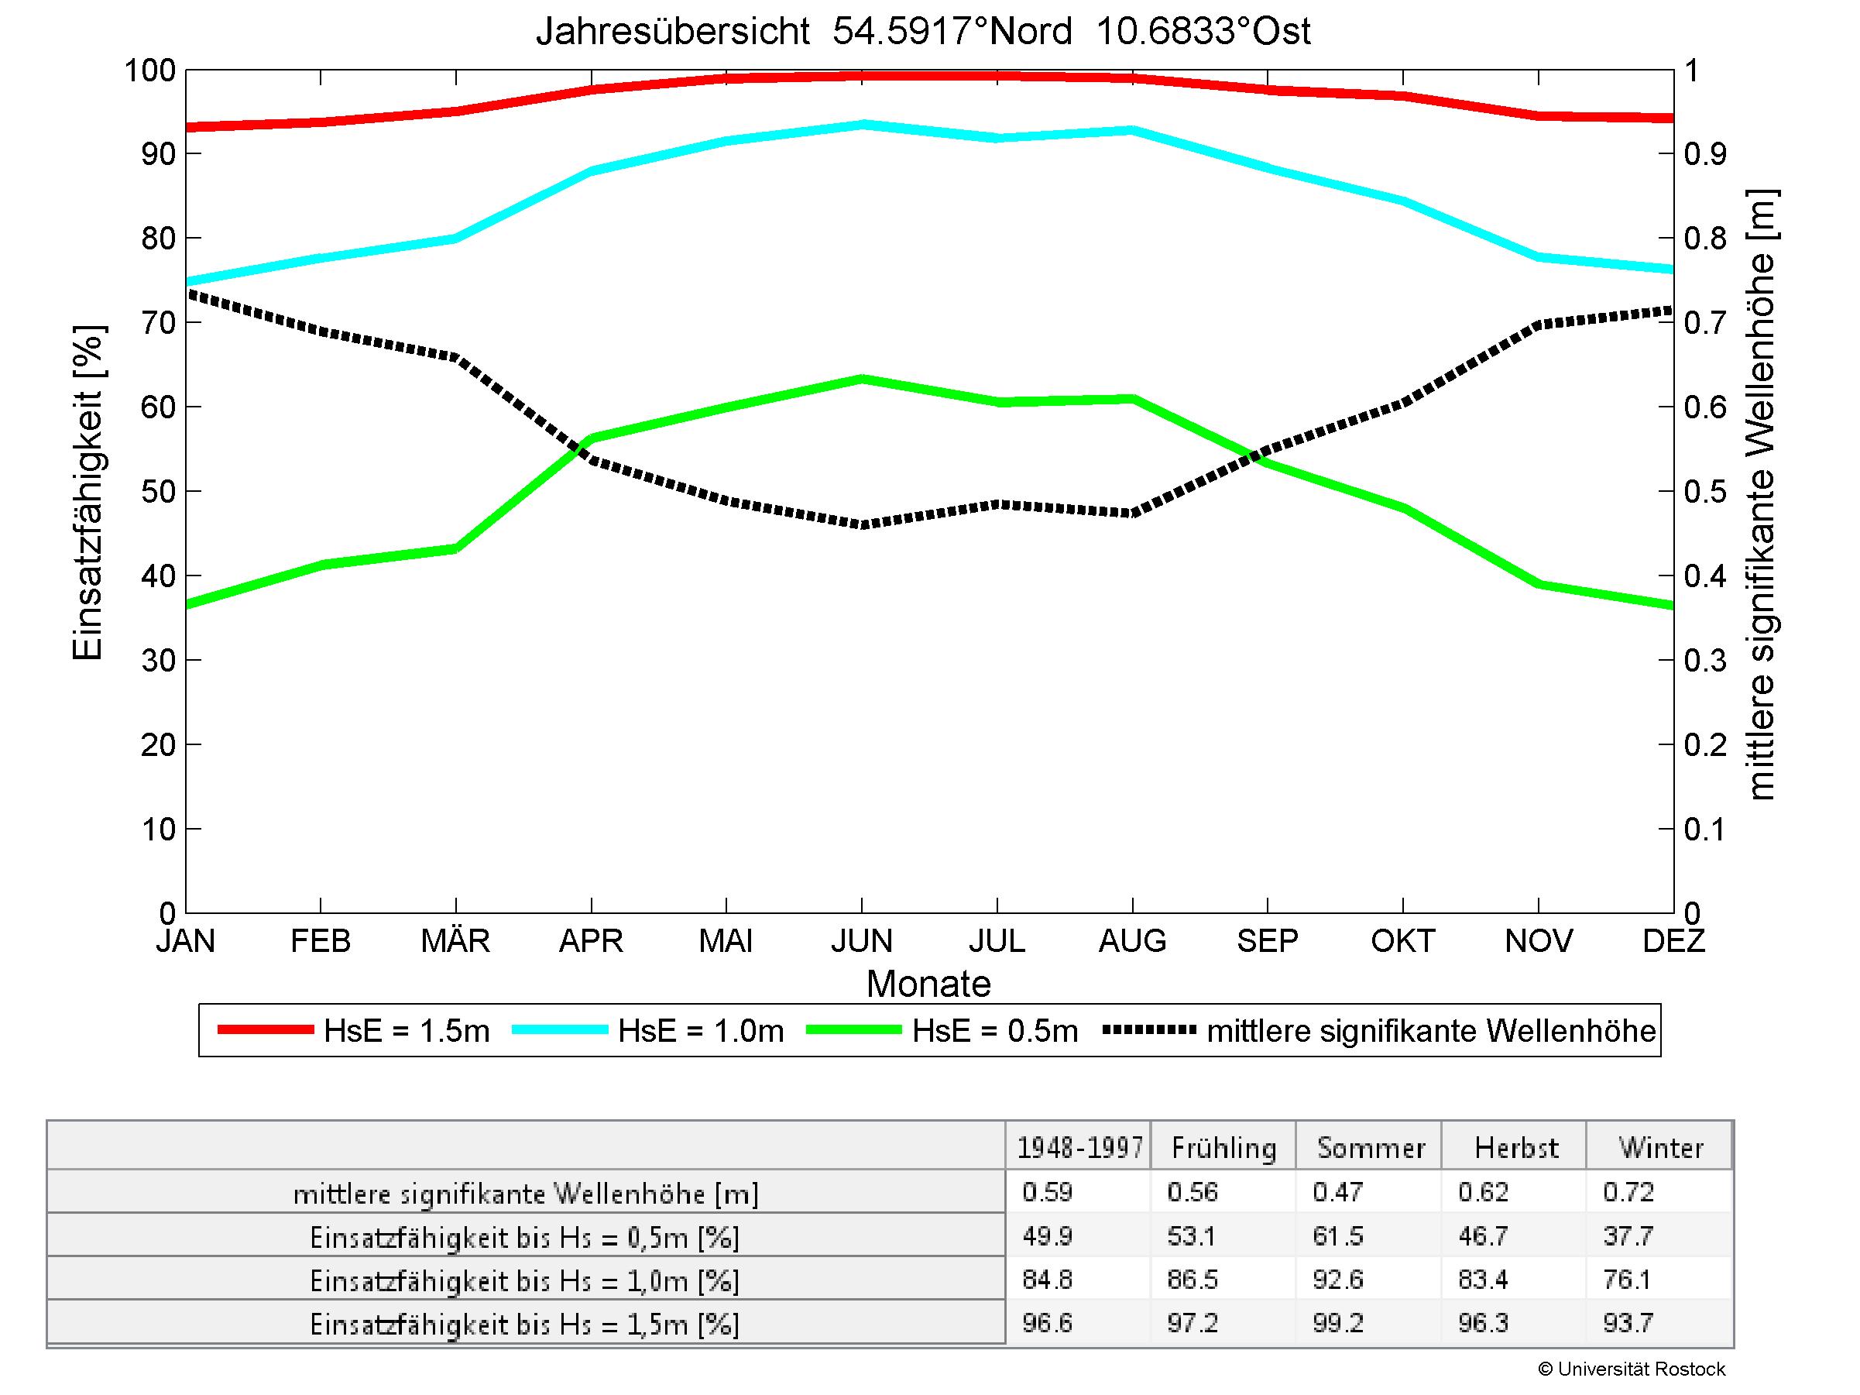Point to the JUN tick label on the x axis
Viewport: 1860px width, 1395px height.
tap(861, 940)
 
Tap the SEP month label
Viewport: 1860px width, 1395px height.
tap(1267, 940)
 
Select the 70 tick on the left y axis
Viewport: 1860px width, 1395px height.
tap(157, 323)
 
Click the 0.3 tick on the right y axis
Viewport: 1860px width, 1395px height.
tap(1705, 661)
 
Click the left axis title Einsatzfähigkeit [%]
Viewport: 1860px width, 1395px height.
tap(88, 493)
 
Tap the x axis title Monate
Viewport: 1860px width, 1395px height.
tap(928, 984)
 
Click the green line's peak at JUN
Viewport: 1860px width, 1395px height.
tap(862, 380)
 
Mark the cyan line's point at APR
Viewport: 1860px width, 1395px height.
tap(592, 170)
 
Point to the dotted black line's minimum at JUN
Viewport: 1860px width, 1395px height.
tap(862, 524)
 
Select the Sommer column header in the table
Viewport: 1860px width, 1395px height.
tap(1371, 1148)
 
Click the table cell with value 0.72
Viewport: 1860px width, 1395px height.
tap(1628, 1192)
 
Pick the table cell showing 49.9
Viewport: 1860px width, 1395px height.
tap(1047, 1236)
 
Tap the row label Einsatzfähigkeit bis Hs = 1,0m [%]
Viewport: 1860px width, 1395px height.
tap(525, 1280)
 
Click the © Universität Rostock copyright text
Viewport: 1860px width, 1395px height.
tap(1632, 1369)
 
